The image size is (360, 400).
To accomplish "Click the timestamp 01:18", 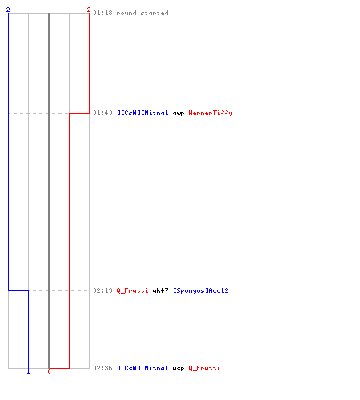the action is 102,13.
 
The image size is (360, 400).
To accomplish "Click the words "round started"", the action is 142,13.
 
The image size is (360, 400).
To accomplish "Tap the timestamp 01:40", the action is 102,113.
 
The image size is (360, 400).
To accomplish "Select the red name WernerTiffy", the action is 210,113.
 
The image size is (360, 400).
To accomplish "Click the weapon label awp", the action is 178,114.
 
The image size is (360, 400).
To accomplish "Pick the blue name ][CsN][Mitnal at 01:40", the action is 142,113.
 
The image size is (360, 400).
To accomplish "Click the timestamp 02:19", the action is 102,290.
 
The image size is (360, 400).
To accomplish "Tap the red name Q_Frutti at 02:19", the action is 132,290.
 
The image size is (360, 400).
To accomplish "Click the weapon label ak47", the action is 160,290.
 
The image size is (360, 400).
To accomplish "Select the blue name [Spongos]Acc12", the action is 201,290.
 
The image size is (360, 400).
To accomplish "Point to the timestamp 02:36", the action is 102,368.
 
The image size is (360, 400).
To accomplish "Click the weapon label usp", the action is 178,369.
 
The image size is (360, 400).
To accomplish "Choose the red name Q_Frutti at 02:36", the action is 204,368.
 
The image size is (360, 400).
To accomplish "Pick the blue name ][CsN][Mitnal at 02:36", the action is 142,368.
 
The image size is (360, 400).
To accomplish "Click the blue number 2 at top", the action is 8,10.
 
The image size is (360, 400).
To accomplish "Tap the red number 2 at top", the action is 89,10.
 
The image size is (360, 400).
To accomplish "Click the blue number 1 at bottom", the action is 28,371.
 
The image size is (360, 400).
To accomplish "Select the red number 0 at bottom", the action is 49,371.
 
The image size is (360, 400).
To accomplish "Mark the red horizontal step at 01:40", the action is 79,113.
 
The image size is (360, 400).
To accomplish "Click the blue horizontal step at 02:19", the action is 18,290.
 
